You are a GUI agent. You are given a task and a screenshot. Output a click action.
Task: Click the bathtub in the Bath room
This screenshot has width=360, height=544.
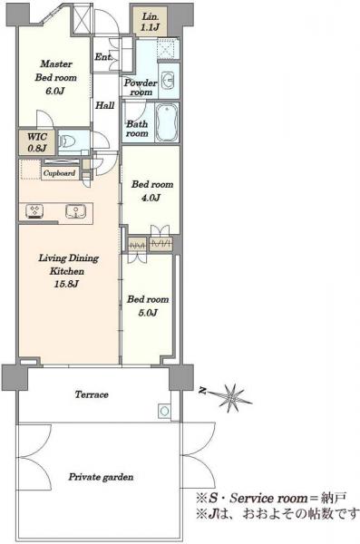tap(167, 122)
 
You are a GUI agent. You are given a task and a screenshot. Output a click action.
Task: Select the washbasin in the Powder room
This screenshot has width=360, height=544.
tap(168, 80)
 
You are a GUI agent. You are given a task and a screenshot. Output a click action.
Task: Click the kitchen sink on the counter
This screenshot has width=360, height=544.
tap(75, 211)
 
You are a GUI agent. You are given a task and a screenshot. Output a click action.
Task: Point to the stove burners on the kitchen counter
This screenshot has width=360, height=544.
tap(34, 211)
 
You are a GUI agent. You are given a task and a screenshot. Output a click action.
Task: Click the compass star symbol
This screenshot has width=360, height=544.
tap(232, 396)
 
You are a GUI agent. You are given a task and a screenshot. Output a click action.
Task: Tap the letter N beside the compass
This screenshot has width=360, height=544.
tap(202, 391)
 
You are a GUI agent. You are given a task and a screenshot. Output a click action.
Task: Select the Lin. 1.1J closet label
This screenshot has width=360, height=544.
tap(150, 22)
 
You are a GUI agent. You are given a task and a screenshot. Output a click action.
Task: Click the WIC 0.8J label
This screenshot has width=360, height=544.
tap(36, 142)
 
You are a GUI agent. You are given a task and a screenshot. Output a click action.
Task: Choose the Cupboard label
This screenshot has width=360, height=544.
tap(59, 173)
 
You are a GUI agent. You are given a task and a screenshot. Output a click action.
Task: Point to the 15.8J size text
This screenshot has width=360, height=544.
tap(66, 284)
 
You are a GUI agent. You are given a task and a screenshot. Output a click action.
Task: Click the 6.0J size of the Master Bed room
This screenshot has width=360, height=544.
tap(55, 91)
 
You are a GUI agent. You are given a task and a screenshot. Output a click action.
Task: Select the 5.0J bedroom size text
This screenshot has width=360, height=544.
tap(148, 313)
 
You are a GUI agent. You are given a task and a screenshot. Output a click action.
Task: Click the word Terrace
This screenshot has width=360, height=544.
tap(92, 394)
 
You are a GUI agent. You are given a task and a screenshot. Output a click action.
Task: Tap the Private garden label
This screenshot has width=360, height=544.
tap(101, 477)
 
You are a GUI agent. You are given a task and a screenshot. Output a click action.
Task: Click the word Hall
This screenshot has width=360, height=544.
tap(105, 105)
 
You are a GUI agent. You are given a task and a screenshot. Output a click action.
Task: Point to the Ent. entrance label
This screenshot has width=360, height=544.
tap(103, 57)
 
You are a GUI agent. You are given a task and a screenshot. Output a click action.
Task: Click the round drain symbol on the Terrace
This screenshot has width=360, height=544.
tap(164, 412)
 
